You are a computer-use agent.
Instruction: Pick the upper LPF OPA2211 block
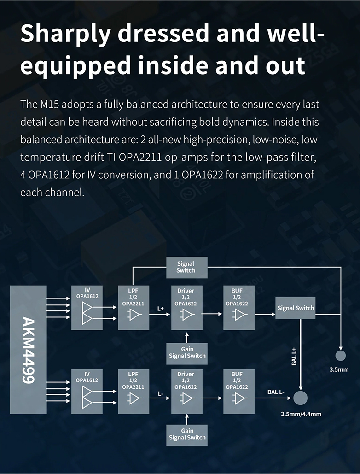click(134, 307)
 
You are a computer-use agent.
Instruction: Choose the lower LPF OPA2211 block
click(134, 391)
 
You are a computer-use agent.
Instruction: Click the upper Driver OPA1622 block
click(186, 307)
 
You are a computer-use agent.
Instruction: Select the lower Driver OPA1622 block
click(186, 391)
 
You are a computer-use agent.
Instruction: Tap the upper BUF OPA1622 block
click(238, 307)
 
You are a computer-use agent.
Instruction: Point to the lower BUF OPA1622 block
click(238, 391)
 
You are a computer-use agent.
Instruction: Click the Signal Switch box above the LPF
click(186, 267)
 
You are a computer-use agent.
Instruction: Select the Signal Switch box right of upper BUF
click(296, 308)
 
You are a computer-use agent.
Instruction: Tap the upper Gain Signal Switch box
click(187, 353)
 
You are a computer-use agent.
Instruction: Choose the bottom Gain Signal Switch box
click(187, 434)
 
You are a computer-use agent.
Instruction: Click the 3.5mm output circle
click(341, 356)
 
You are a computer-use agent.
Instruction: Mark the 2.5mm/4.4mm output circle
click(301, 398)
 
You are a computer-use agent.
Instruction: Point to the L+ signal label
click(161, 308)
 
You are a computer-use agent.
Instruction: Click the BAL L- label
click(276, 392)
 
